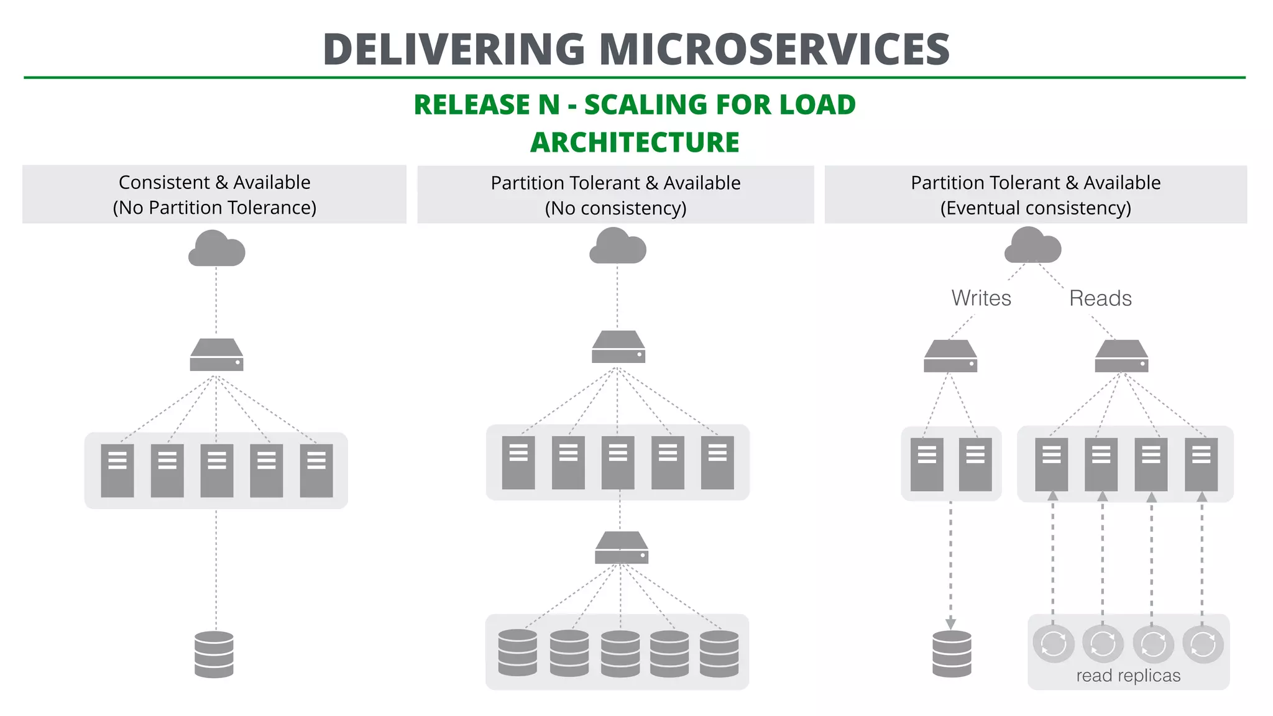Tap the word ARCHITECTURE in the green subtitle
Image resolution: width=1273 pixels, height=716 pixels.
click(x=635, y=142)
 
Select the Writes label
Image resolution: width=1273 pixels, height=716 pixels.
click(x=981, y=298)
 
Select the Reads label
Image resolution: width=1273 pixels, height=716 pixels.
click(x=1100, y=298)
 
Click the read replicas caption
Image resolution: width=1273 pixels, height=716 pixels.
click(x=1128, y=676)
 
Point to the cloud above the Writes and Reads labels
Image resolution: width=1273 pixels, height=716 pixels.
click(x=1032, y=246)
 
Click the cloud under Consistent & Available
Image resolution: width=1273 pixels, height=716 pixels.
click(x=216, y=249)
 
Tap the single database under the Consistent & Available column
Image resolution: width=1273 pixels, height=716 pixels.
click(x=214, y=654)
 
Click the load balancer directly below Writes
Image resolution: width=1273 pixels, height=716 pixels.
click(x=950, y=357)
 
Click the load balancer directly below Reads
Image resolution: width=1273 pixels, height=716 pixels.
click(x=1121, y=357)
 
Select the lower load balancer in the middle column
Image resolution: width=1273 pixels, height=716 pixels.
click(x=622, y=548)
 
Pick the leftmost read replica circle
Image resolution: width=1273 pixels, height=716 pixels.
click(x=1054, y=644)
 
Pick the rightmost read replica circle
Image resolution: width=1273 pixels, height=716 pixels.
click(x=1203, y=644)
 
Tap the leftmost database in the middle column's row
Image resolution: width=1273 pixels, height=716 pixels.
click(x=518, y=653)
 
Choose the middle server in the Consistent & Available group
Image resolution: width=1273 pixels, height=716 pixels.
click(x=216, y=470)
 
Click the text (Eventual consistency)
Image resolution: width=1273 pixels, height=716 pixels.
click(x=1036, y=208)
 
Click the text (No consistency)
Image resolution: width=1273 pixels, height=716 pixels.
click(x=615, y=208)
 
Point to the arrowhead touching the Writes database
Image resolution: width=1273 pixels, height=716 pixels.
click(x=950, y=624)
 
